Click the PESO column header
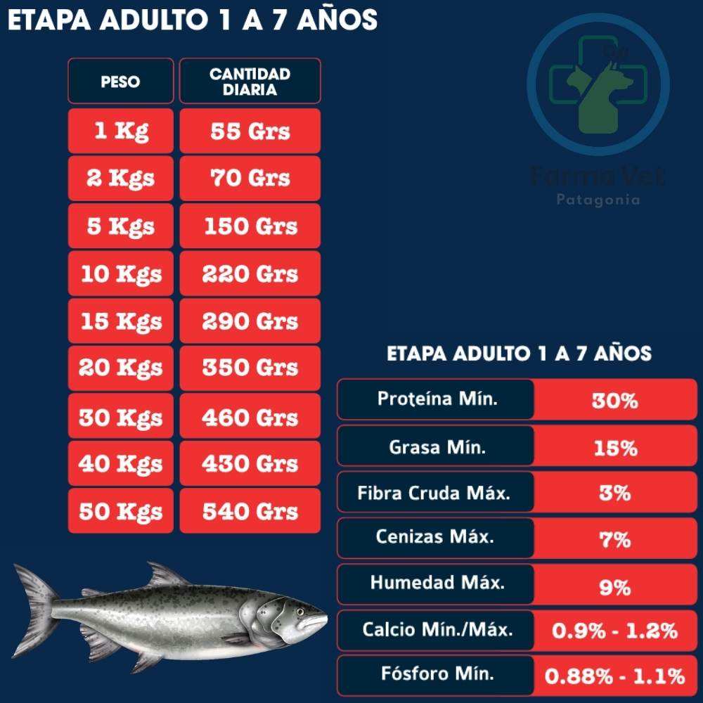click(120, 82)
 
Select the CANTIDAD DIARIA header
click(250, 82)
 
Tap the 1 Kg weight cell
click(120, 131)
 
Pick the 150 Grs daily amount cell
click(250, 226)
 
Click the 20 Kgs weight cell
click(120, 368)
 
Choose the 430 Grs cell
click(250, 463)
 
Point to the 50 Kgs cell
click(120, 511)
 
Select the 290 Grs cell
click(250, 321)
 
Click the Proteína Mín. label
click(437, 399)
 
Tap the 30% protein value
click(614, 401)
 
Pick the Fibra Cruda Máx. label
click(434, 492)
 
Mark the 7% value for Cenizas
click(614, 540)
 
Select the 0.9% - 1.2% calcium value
click(614, 631)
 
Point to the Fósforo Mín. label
click(437, 673)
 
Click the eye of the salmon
click(299, 612)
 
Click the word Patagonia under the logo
click(598, 200)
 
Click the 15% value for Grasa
click(614, 448)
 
